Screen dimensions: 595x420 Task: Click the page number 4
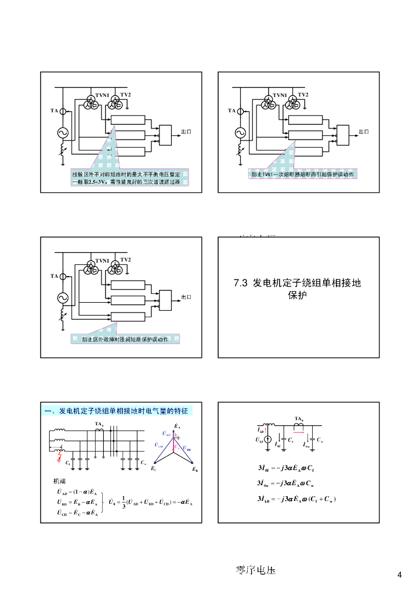coord(399,575)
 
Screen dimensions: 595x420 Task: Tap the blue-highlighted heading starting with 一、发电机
coord(117,411)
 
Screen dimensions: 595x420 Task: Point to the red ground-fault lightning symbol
coord(59,457)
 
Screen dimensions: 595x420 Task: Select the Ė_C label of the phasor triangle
coord(153,468)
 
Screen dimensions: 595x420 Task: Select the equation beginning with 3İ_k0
coord(296,499)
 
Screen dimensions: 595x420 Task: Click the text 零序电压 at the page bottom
coord(252,570)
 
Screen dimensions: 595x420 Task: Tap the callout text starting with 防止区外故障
coord(125,339)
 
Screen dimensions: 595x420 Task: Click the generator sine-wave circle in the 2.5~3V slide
coord(62,134)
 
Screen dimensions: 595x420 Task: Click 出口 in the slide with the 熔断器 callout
coord(363,131)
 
